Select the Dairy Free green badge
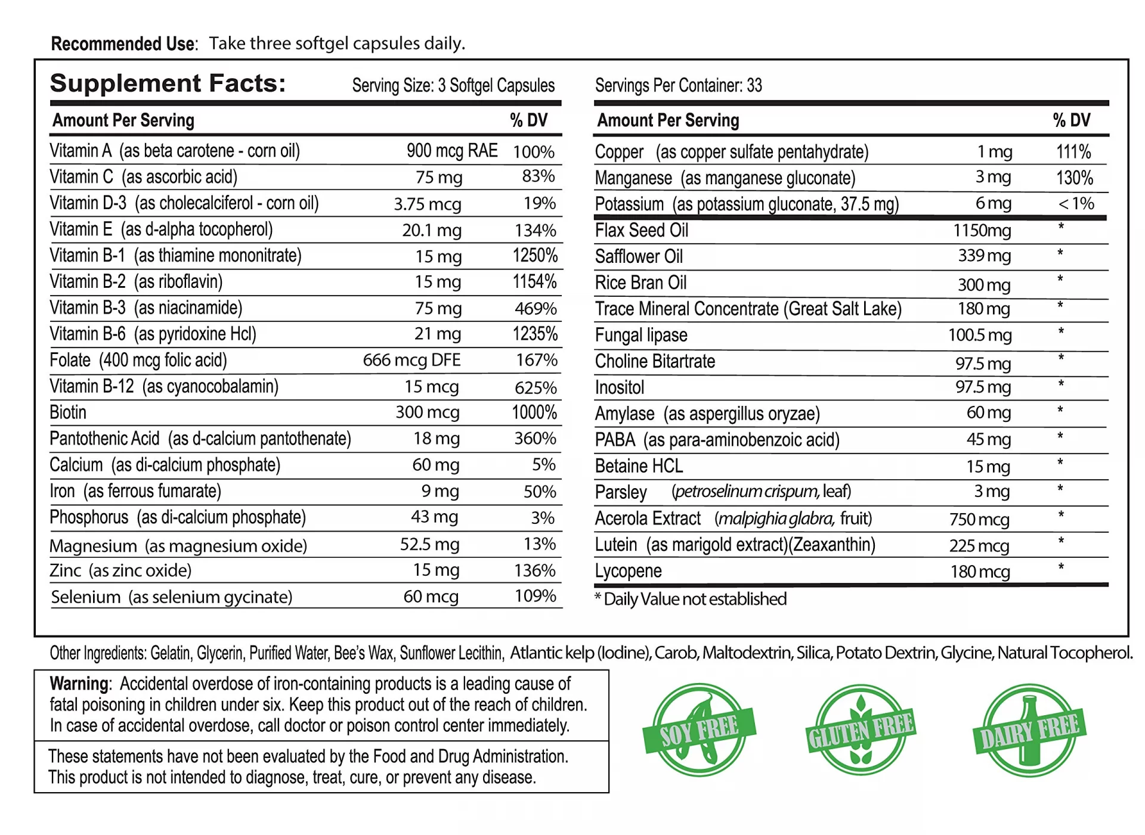point(1029,730)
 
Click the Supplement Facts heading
point(168,83)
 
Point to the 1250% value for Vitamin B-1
point(535,256)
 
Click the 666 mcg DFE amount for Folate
point(411,360)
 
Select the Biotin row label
point(68,412)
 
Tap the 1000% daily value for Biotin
point(534,412)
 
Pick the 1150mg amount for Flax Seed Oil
point(982,231)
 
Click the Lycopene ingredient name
point(628,571)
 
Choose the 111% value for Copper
point(1073,152)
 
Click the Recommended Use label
point(123,44)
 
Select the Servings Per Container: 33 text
point(678,85)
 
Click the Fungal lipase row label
point(641,335)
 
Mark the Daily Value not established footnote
point(691,599)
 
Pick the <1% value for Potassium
point(1076,204)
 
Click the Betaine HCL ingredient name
point(639,466)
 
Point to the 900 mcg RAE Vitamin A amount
point(451,151)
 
